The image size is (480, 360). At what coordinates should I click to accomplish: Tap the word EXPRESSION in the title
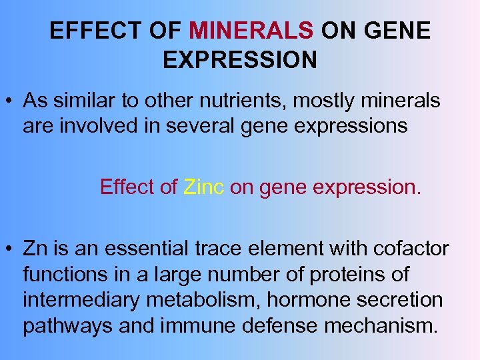click(x=240, y=60)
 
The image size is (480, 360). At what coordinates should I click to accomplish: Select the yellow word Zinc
click(x=203, y=187)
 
